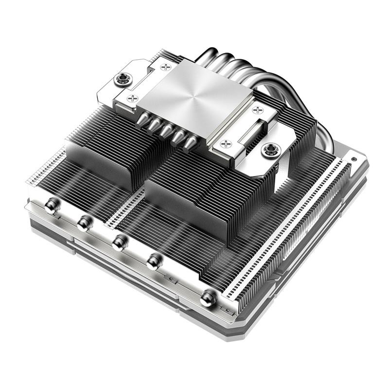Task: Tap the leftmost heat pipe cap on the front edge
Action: coord(50,207)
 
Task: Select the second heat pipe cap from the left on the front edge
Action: coord(84,223)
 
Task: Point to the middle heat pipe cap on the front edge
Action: coord(118,242)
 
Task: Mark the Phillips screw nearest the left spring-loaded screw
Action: coord(132,98)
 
